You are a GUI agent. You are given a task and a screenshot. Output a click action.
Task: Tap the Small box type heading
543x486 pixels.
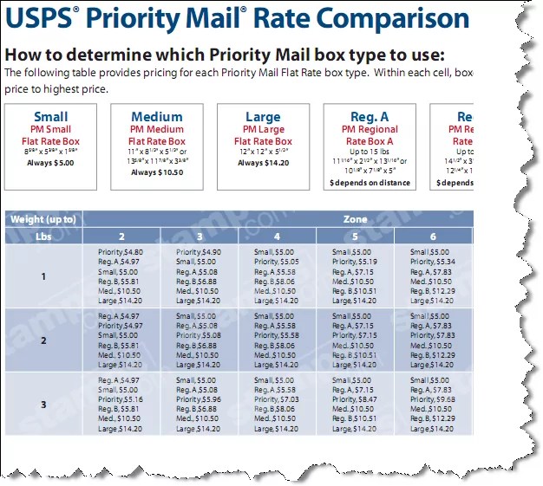coord(50,117)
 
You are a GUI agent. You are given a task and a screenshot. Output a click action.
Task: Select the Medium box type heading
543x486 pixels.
coord(157,117)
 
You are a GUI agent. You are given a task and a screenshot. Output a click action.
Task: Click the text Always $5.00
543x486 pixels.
coord(50,162)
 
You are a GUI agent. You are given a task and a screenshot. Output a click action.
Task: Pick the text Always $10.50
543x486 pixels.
coord(157,172)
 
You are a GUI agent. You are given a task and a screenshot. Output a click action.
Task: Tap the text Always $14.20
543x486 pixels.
coord(263,162)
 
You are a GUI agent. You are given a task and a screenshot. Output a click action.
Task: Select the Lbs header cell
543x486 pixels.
coord(43,237)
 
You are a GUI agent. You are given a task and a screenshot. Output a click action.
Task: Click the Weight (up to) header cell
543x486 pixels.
coord(43,219)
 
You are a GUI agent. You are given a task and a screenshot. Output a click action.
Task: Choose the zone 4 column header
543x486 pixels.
coord(276,237)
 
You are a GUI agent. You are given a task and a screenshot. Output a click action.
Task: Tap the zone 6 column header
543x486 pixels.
coord(432,237)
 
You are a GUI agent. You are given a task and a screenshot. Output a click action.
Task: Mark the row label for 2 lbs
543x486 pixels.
coord(43,340)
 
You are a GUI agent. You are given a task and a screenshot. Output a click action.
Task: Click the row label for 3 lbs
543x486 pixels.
coord(43,405)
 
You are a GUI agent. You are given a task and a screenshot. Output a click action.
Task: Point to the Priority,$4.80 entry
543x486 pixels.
coord(118,251)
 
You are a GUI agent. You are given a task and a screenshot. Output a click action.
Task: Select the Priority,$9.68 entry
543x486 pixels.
coord(432,400)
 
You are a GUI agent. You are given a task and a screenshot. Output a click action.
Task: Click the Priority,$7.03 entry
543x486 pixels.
coord(276,400)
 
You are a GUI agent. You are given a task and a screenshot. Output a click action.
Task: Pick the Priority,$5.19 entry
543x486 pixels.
coord(354,261)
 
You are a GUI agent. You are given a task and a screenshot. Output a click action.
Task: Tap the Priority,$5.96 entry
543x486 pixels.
coord(198,400)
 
